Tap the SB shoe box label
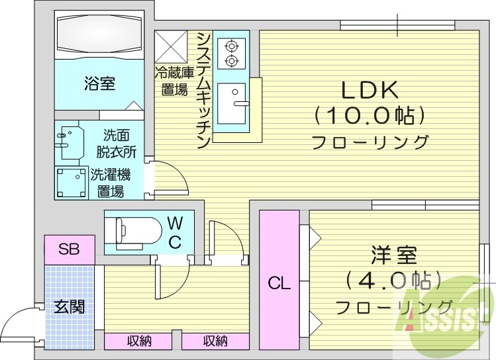click(x=68, y=249)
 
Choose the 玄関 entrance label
click(x=69, y=308)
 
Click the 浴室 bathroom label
click(x=99, y=84)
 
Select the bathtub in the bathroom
click(x=99, y=34)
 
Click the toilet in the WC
click(x=136, y=232)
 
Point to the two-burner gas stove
click(x=231, y=54)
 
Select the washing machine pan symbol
click(x=70, y=183)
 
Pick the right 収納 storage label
click(x=215, y=341)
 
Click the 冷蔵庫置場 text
click(x=174, y=81)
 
